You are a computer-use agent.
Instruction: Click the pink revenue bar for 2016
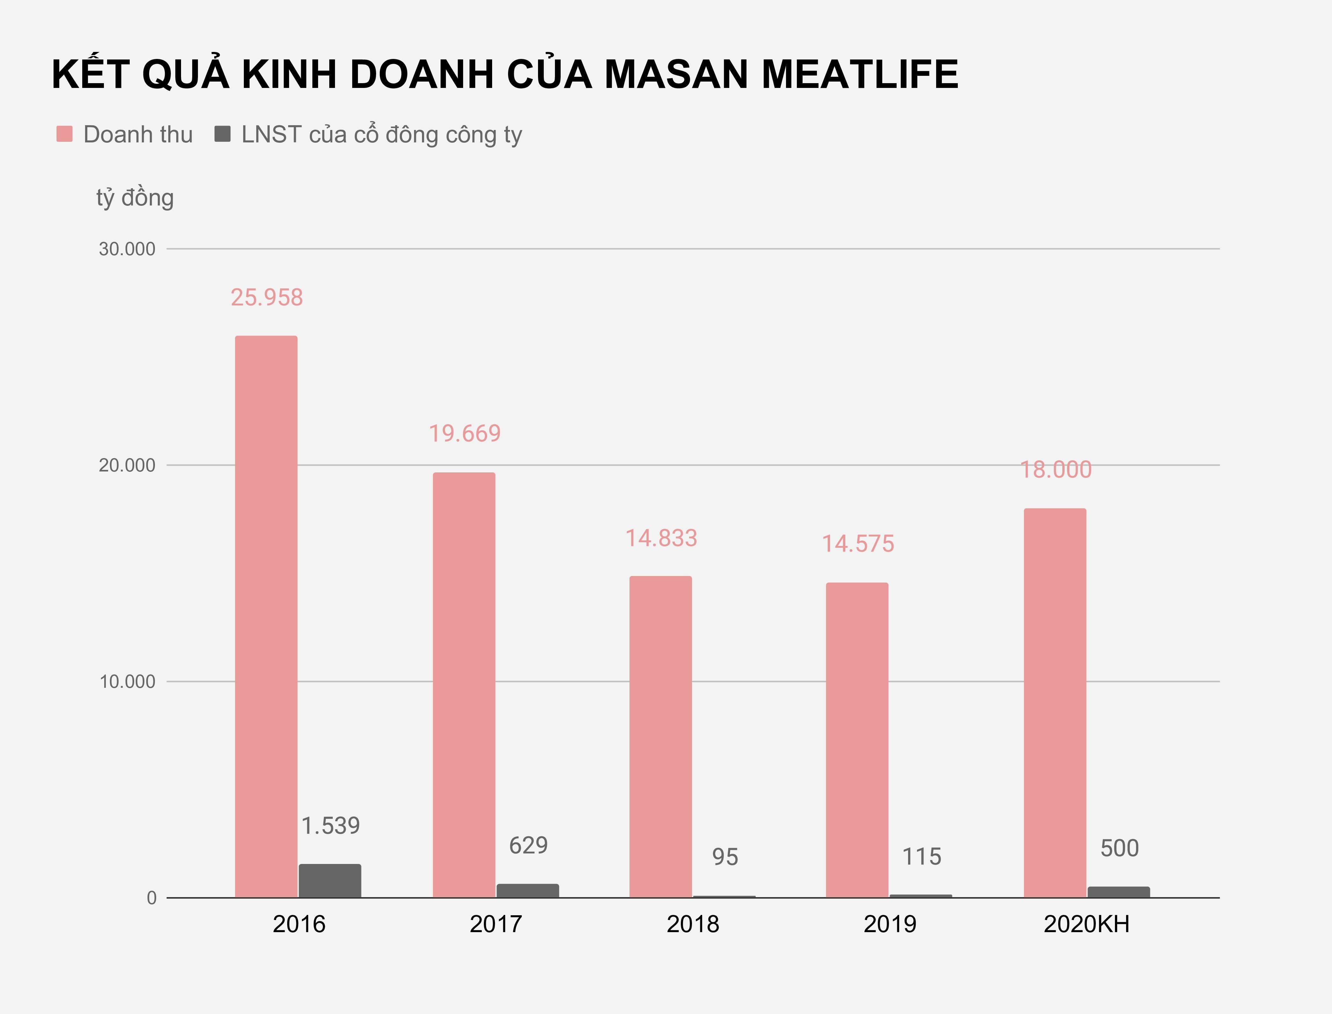(266, 616)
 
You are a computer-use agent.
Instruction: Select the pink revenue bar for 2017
(464, 685)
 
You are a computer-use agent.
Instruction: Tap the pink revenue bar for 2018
(660, 736)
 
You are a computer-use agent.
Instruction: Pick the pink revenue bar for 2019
(857, 739)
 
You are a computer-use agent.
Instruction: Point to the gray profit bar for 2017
(528, 890)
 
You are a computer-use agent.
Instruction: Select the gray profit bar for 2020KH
(1118, 892)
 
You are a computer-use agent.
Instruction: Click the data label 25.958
(266, 298)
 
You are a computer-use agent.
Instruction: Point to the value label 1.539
(330, 826)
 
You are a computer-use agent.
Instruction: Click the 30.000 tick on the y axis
(127, 249)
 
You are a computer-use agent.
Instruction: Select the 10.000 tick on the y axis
(127, 681)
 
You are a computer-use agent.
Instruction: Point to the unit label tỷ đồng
(135, 198)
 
